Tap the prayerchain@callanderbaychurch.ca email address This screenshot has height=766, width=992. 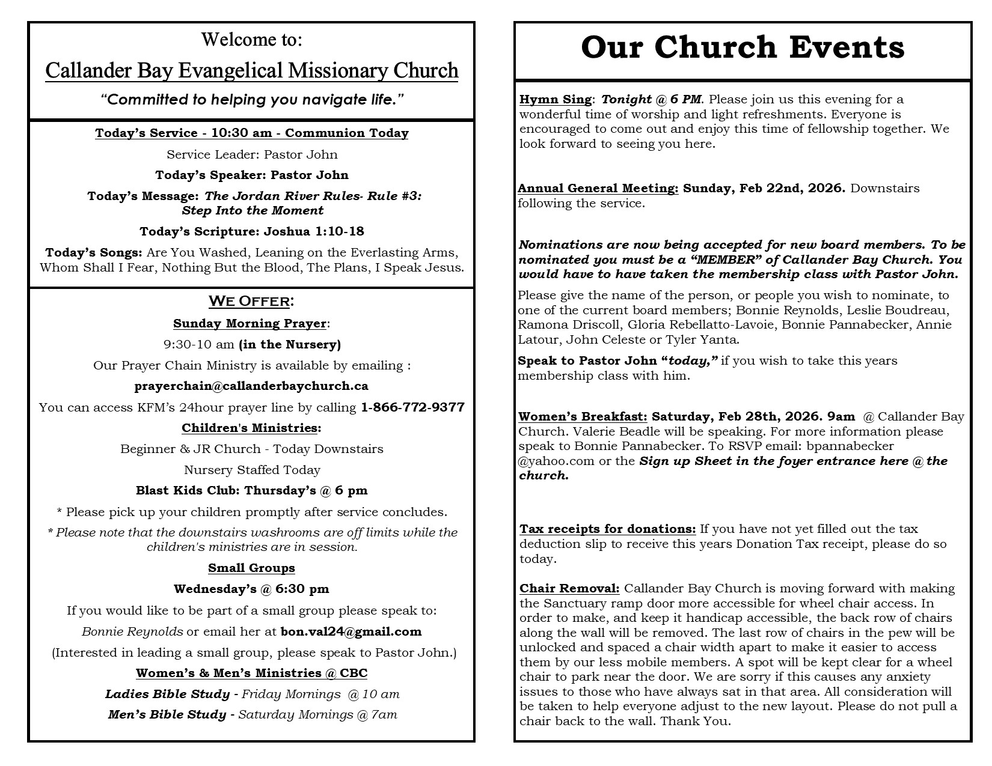(x=251, y=386)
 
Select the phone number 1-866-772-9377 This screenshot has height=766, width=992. (x=412, y=407)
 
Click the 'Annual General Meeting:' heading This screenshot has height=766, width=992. (x=598, y=188)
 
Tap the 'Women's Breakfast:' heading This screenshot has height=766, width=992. (x=583, y=416)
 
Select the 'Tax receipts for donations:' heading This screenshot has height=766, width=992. (x=607, y=529)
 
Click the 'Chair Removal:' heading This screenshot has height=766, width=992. (x=569, y=588)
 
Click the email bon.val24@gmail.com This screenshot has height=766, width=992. (x=351, y=631)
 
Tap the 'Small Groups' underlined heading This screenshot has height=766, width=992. (x=251, y=568)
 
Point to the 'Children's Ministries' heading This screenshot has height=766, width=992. (x=250, y=428)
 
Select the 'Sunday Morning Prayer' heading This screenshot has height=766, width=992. (x=250, y=323)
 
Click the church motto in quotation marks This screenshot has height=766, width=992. (x=251, y=99)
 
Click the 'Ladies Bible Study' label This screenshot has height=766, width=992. (x=167, y=694)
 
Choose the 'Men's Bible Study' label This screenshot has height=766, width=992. (x=167, y=714)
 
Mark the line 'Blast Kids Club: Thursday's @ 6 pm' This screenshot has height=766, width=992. (x=251, y=490)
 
